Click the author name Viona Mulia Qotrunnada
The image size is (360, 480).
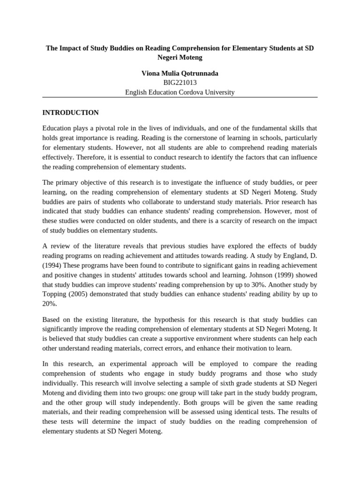180,74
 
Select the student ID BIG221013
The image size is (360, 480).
180,83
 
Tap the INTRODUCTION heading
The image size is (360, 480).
70,112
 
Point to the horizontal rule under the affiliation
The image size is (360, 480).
180,97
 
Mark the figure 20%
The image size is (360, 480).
50,304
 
